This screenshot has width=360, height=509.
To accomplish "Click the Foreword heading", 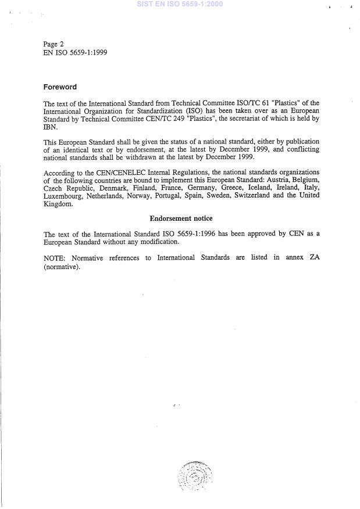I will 60,87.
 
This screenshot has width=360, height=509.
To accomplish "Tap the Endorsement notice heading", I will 181,218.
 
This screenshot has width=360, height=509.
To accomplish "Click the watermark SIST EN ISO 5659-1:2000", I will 179,4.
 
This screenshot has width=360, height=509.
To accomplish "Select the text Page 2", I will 54,44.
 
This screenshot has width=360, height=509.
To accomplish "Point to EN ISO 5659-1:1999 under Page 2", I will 75,52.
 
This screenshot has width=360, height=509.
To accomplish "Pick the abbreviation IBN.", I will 50,127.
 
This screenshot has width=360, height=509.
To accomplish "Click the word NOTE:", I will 54,257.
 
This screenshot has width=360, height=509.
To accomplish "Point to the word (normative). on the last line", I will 62,266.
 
